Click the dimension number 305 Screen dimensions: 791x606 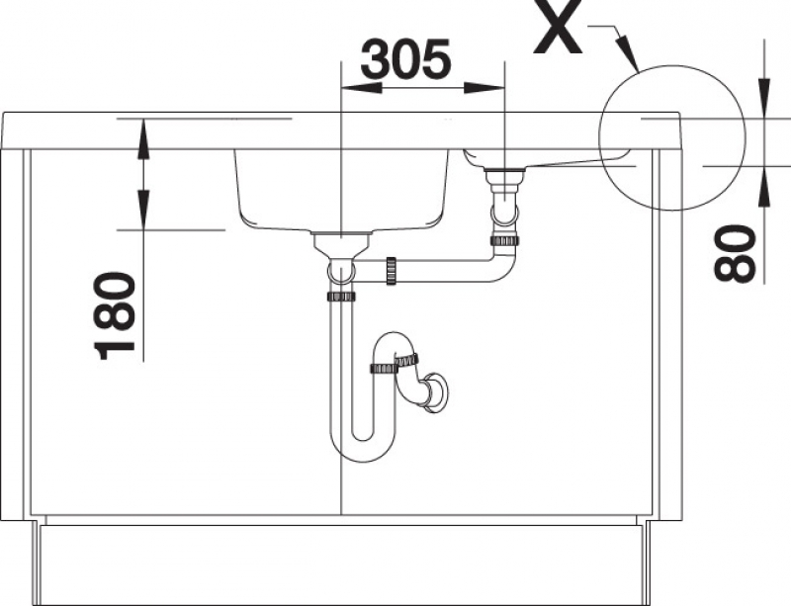tap(406, 59)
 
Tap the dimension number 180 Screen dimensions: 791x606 tap(115, 316)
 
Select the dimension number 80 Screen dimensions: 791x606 tap(735, 253)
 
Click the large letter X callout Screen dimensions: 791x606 tap(558, 27)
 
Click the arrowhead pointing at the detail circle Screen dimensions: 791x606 tap(629, 54)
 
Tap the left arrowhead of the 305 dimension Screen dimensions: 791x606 tap(361, 88)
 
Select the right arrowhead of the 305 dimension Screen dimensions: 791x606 tap(484, 88)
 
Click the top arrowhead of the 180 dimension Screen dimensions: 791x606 tap(143, 137)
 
